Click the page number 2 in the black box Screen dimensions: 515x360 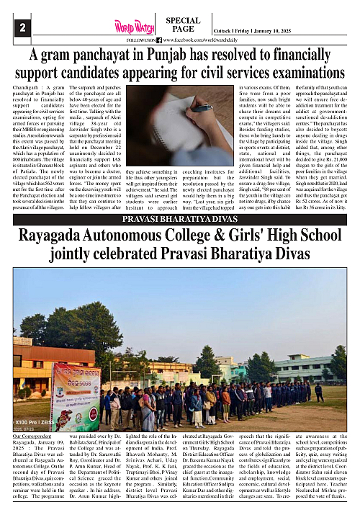tap(24, 27)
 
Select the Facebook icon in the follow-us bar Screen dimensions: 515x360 tap(159, 41)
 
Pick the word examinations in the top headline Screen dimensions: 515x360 tap(287, 73)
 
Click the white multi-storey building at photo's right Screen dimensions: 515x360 tap(302, 367)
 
